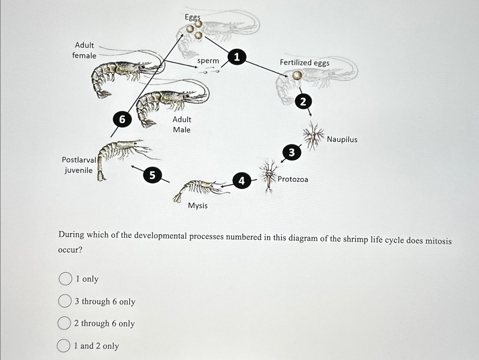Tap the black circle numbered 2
point(303,101)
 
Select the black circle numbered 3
point(292,153)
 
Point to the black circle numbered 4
point(241,180)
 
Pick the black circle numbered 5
point(152,175)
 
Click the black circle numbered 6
point(122,119)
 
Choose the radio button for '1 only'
point(65,279)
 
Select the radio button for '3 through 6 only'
point(65,301)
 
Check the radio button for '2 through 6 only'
point(64,323)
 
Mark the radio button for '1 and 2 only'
point(64,346)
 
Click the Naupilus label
point(342,140)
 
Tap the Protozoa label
point(293,179)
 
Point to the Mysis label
point(198,205)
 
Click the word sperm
point(208,61)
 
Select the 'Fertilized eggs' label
point(304,63)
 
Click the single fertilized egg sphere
point(297,75)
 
